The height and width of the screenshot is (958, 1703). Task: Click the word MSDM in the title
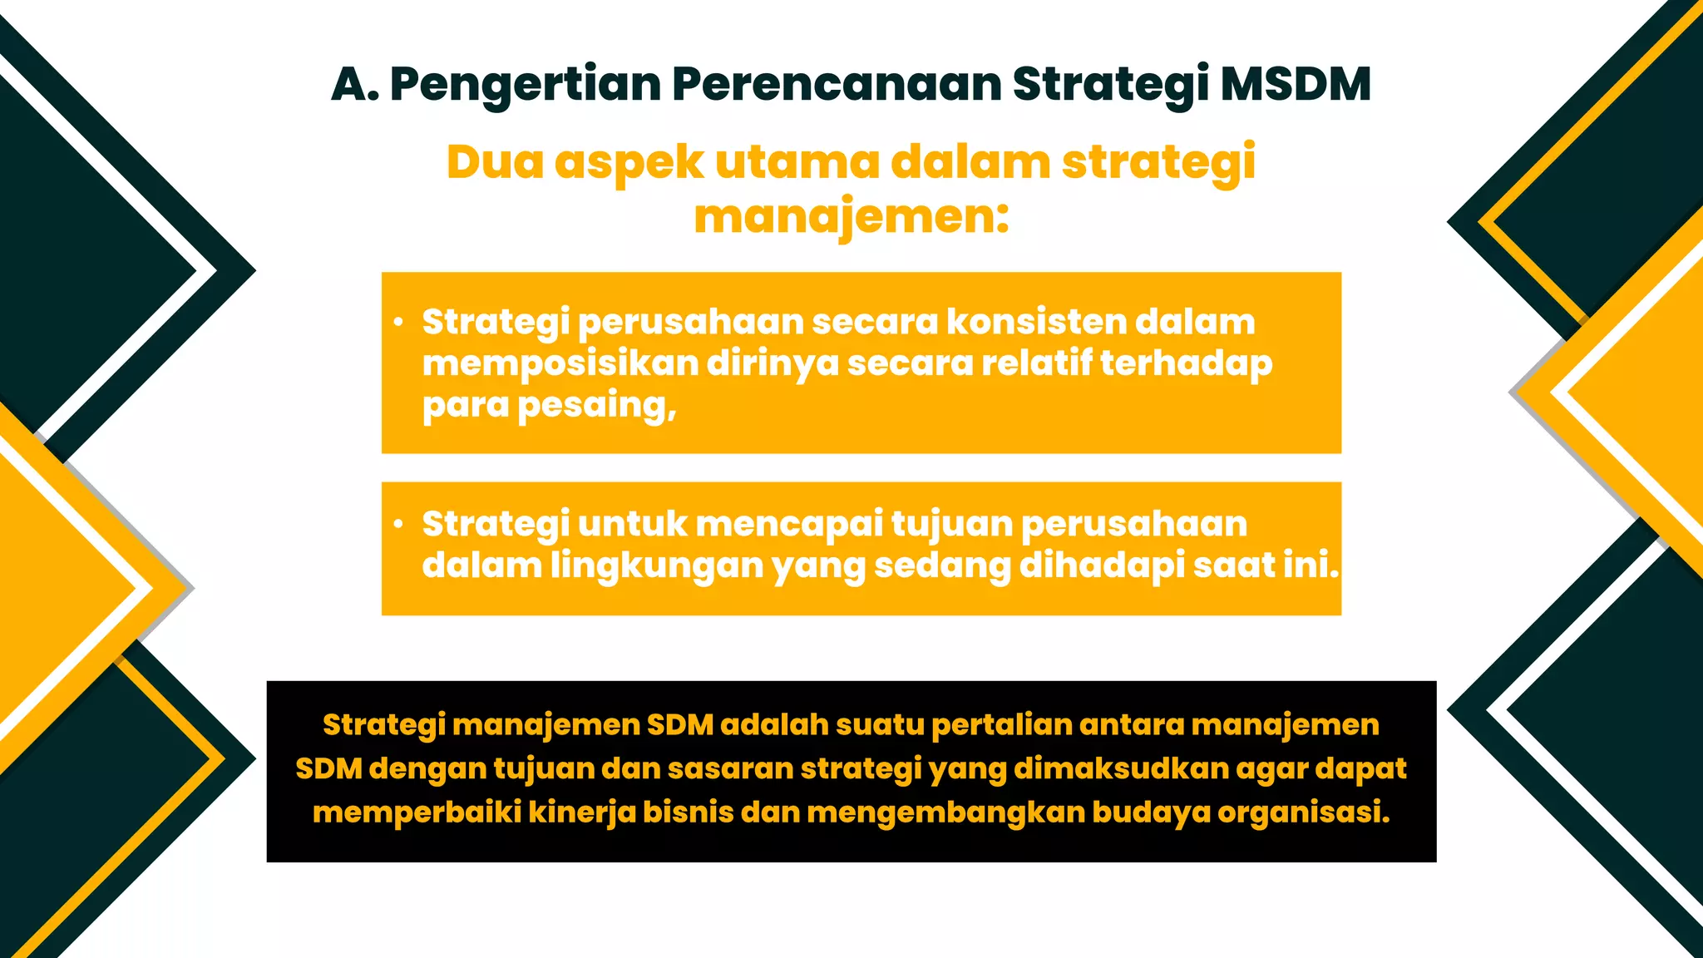pyautogui.click(x=1295, y=84)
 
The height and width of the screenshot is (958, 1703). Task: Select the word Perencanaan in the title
pyautogui.click(x=837, y=84)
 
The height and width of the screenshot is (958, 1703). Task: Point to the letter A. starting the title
pyautogui.click(x=355, y=84)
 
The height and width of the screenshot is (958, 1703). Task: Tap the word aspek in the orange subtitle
pyautogui.click(x=629, y=163)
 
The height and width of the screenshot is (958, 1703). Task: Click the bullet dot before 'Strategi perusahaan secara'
pyautogui.click(x=399, y=322)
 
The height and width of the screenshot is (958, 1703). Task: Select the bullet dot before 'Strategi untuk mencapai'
pyautogui.click(x=399, y=524)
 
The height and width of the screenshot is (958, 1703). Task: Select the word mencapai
pyautogui.click(x=789, y=525)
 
